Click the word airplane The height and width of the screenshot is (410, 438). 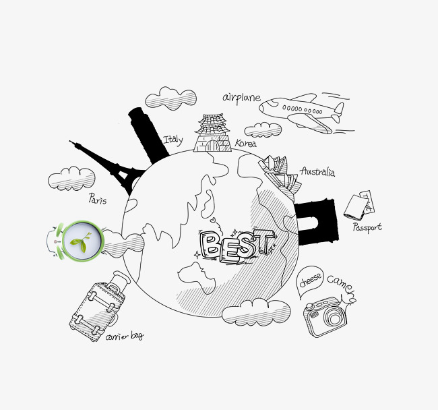[241, 98]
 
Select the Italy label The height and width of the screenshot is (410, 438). [173, 140]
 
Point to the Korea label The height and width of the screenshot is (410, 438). [245, 144]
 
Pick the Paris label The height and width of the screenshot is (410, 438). [98, 198]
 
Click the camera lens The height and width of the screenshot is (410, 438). [333, 317]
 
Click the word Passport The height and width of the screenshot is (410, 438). [367, 227]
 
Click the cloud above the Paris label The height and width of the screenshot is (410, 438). [72, 178]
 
